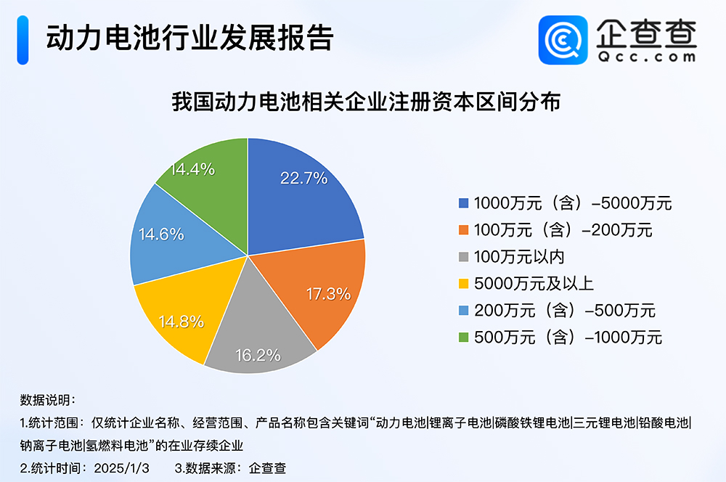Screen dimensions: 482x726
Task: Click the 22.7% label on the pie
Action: tap(304, 178)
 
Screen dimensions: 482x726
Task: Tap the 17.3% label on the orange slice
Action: tap(327, 294)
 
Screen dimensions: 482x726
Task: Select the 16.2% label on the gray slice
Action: tap(258, 356)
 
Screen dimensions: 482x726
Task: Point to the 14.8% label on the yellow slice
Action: tap(181, 322)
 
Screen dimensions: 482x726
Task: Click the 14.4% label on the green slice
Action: tap(192, 169)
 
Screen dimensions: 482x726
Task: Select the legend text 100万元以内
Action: tap(518, 257)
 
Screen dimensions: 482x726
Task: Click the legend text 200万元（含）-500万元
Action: tap(564, 311)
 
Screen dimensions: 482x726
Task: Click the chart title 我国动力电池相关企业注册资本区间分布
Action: tap(365, 102)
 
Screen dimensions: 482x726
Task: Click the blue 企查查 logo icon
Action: tap(561, 41)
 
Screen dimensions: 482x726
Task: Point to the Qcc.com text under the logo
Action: tap(645, 56)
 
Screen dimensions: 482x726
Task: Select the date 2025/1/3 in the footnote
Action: tap(121, 467)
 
